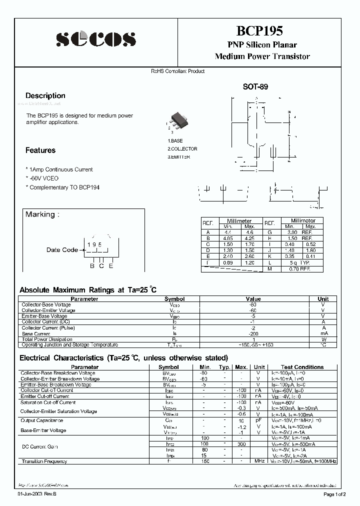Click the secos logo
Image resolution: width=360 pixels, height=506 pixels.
(95, 39)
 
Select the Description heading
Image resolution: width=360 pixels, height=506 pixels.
(45, 95)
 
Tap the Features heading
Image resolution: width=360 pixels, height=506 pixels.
(40, 150)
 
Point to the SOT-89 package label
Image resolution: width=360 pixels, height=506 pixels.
(255, 86)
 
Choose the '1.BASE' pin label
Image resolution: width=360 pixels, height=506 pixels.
(175, 141)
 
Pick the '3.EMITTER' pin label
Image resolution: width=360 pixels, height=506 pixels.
(179, 157)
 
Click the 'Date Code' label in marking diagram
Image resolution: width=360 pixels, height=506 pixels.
(62, 250)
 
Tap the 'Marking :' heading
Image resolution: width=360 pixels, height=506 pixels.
(42, 214)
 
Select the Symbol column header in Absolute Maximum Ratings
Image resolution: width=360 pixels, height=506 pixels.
(174, 299)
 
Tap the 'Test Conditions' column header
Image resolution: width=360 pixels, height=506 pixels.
(302, 367)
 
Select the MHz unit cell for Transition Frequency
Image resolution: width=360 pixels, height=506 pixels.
(259, 461)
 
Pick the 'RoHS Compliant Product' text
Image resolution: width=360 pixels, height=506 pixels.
(177, 71)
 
